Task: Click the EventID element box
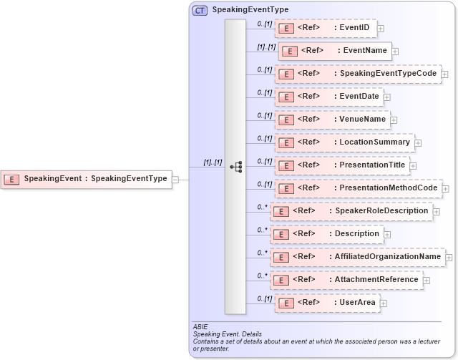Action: (325, 28)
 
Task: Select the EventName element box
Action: (334, 51)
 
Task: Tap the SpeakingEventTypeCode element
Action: (358, 74)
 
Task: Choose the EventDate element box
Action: (328, 96)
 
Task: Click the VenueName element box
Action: (332, 120)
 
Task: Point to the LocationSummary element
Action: (344, 142)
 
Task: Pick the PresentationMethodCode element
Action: (358, 188)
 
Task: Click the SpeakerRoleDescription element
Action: (351, 211)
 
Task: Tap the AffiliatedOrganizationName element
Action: (357, 257)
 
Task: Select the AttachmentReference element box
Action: (346, 280)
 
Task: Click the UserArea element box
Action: (327, 303)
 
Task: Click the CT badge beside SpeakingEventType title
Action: (200, 10)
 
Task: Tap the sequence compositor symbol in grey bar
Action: (235, 167)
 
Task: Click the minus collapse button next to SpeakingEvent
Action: (175, 179)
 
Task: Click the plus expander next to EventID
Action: (381, 29)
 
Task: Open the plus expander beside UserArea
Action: (384, 303)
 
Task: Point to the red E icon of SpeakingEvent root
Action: (12, 179)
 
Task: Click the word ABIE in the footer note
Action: (200, 327)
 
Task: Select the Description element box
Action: (326, 234)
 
